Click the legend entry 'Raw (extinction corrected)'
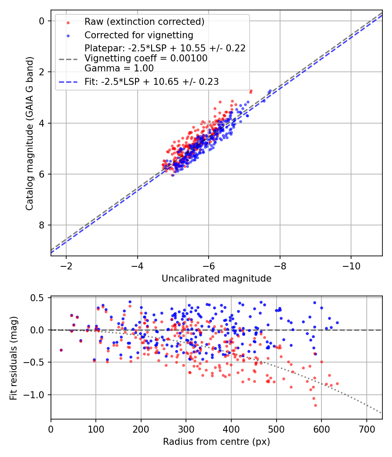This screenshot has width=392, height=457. point(144,22)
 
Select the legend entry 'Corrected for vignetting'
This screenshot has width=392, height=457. point(139,35)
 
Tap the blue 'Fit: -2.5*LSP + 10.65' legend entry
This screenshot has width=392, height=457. point(151,81)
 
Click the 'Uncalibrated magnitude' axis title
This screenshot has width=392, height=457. point(216,279)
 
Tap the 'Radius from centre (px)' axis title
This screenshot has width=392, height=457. point(216,442)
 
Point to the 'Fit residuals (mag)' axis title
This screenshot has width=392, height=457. point(14,358)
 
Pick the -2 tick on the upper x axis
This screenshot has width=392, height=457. point(67,265)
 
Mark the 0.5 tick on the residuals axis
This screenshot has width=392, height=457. point(38,298)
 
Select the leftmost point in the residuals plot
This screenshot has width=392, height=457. point(61,350)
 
